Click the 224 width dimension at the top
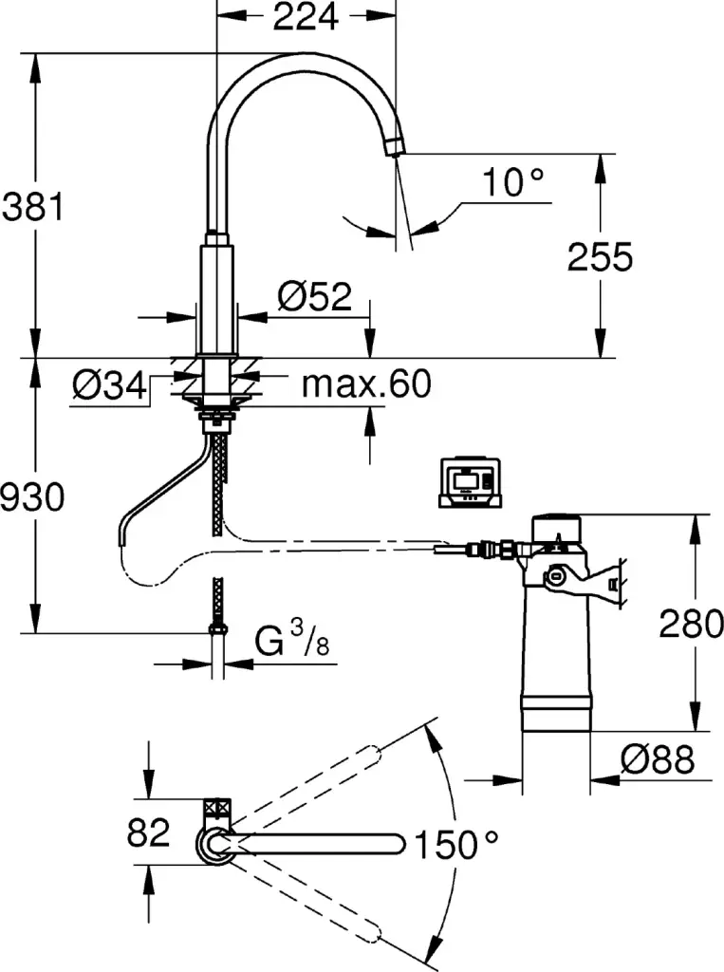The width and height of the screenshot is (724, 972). pos(305,17)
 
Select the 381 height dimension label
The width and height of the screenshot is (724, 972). pos(31,206)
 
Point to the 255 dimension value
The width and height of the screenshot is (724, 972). pos(600,256)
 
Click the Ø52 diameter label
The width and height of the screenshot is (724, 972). pos(314,298)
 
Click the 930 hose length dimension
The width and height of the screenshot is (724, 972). pos(31,496)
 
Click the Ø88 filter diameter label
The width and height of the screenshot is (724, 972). pos(658,759)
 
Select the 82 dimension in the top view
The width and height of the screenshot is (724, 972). pos(149,832)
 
